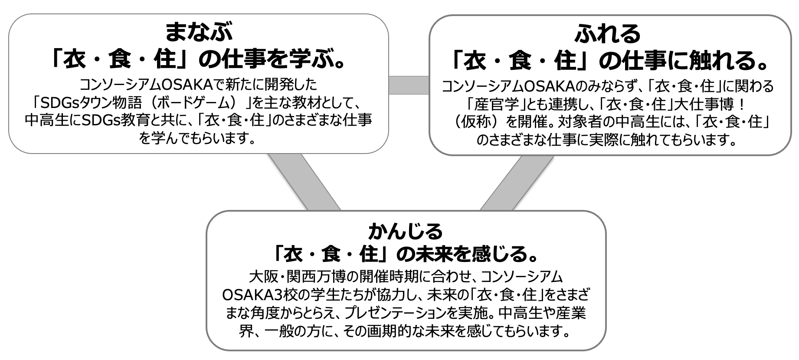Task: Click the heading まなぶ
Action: (199, 33)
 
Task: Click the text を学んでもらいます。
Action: (197, 138)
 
